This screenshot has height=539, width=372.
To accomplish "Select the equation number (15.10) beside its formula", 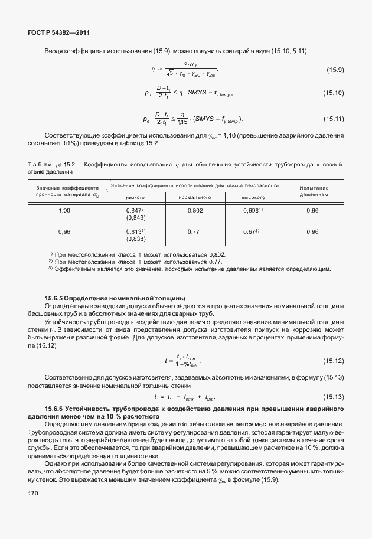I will point(333,93).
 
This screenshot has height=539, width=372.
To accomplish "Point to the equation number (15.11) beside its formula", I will point(333,119).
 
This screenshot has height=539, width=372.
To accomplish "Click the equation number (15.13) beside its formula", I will point(333,397).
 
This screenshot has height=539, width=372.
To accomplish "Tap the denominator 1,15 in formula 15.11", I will point(182,122).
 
